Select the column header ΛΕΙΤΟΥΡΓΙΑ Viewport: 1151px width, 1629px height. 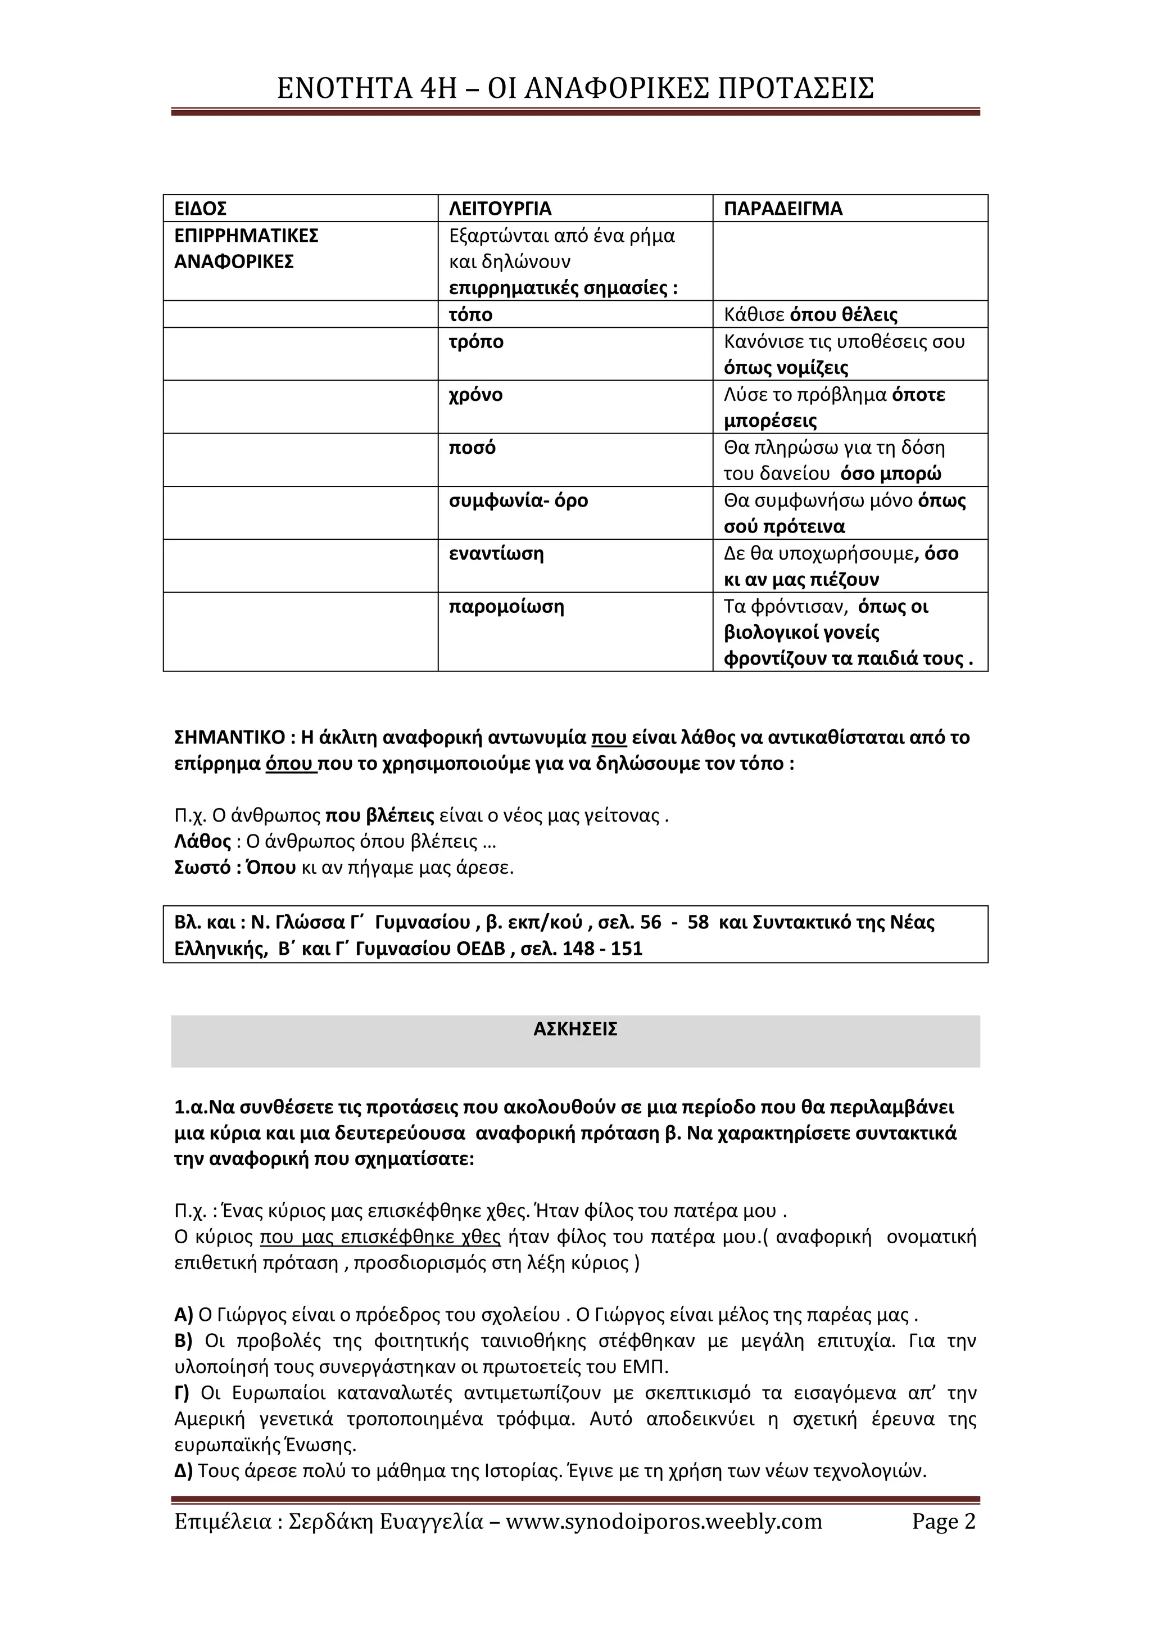pyautogui.click(x=500, y=209)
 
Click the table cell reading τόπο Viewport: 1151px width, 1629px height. pyautogui.click(x=471, y=314)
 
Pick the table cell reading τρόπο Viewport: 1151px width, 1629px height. pyautogui.click(x=477, y=342)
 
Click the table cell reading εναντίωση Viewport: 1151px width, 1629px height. pyautogui.click(x=496, y=553)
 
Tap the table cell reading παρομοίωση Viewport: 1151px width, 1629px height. pyautogui.click(x=506, y=607)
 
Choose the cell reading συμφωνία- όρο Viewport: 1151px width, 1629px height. pyautogui.click(x=518, y=501)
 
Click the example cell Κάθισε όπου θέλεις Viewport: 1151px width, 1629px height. pyautogui.click(x=810, y=314)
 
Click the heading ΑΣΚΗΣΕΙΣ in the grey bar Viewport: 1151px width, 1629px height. pyautogui.click(x=575, y=1030)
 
